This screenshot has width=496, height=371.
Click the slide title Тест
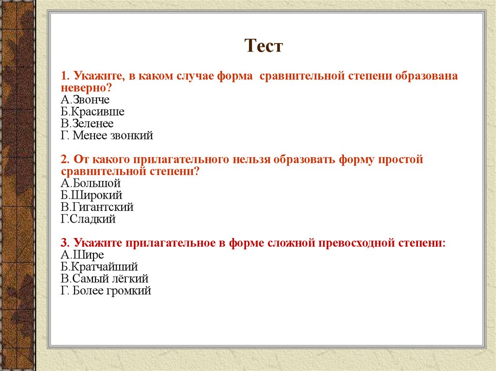(263, 46)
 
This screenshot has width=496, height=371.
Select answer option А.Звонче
(85, 100)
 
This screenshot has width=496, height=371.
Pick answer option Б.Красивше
(93, 112)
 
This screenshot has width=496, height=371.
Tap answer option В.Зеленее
(87, 124)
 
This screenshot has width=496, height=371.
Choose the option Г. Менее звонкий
(107, 135)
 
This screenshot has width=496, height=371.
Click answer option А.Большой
(91, 184)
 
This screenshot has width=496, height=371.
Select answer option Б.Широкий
(92, 195)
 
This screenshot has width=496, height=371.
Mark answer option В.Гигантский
(97, 208)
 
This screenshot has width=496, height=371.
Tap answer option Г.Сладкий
(88, 219)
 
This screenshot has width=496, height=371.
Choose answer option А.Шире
(82, 255)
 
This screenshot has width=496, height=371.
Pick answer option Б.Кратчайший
(99, 267)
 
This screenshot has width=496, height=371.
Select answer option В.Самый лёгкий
(105, 279)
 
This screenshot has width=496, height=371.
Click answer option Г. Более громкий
(106, 291)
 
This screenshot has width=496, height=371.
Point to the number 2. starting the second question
(65, 160)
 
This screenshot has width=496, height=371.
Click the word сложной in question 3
(290, 243)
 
